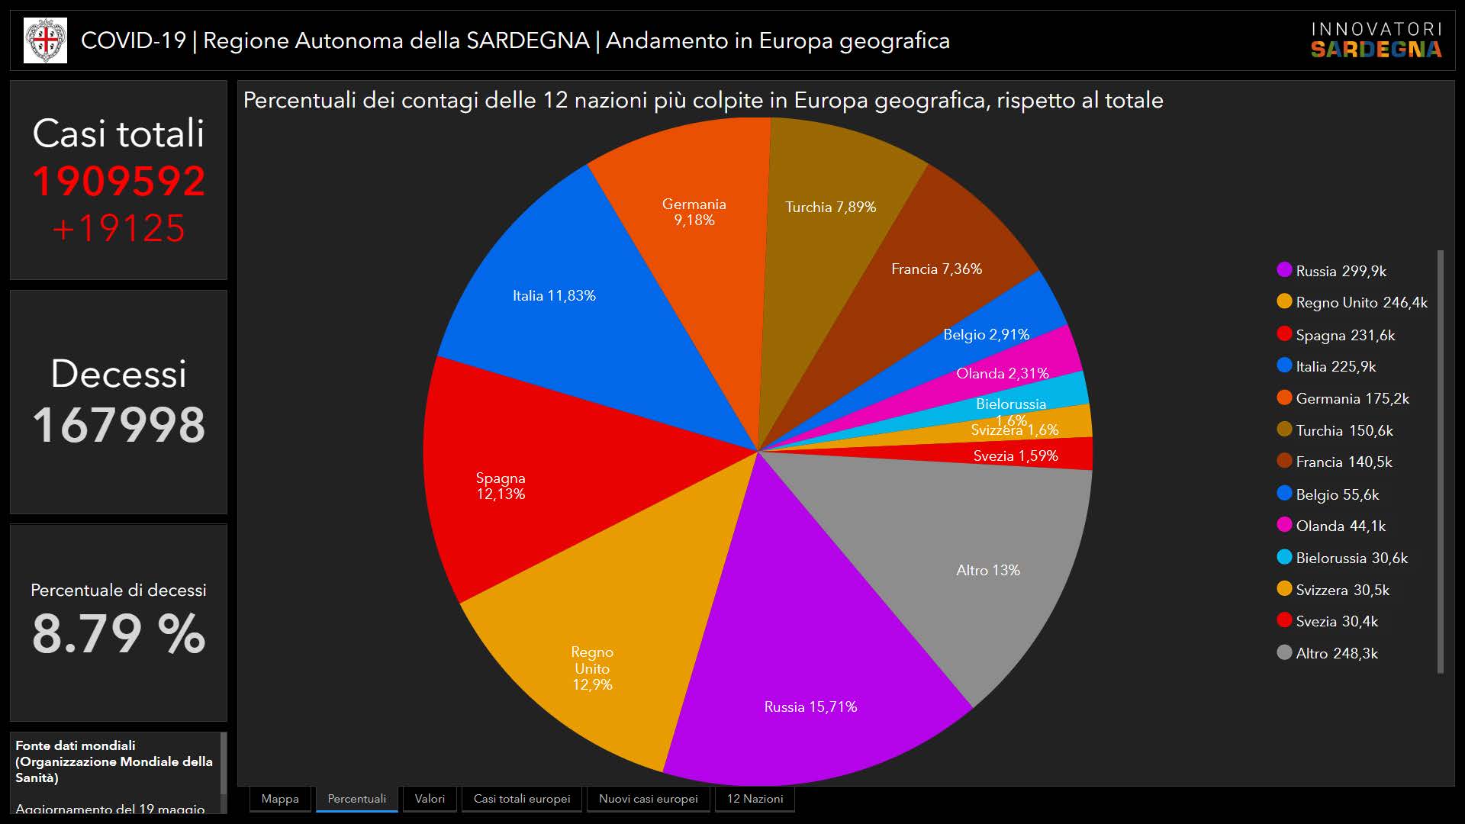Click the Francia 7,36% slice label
[x=936, y=269]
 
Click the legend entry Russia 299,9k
[x=1341, y=271]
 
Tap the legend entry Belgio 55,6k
[x=1337, y=494]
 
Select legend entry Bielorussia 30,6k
[x=1351, y=558]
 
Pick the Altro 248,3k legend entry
[x=1336, y=653]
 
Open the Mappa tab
[x=280, y=799]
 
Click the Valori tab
[x=430, y=799]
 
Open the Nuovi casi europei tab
[x=648, y=799]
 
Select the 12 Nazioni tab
[x=755, y=799]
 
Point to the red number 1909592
[x=119, y=182]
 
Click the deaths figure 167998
[x=119, y=425]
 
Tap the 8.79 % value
[x=119, y=634]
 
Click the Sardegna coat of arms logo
[x=45, y=40]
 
